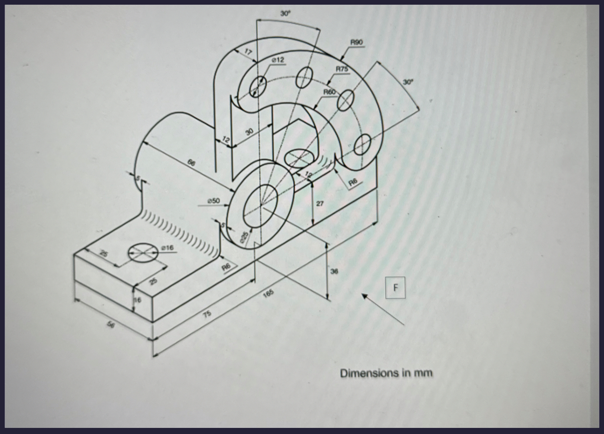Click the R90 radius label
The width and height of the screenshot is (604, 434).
tap(356, 43)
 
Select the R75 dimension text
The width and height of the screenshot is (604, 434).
tap(342, 68)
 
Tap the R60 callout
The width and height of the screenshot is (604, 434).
tap(330, 92)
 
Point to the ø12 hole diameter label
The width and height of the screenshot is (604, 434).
tap(278, 60)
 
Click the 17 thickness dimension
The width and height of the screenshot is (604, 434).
tap(248, 52)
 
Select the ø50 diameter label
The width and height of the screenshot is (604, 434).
tap(214, 201)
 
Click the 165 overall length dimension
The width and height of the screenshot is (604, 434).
tap(268, 293)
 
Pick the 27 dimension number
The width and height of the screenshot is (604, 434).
tap(320, 204)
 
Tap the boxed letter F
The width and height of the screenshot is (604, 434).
tap(395, 287)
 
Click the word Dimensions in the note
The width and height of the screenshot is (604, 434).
tap(369, 374)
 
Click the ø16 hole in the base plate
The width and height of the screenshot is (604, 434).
tap(144, 253)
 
